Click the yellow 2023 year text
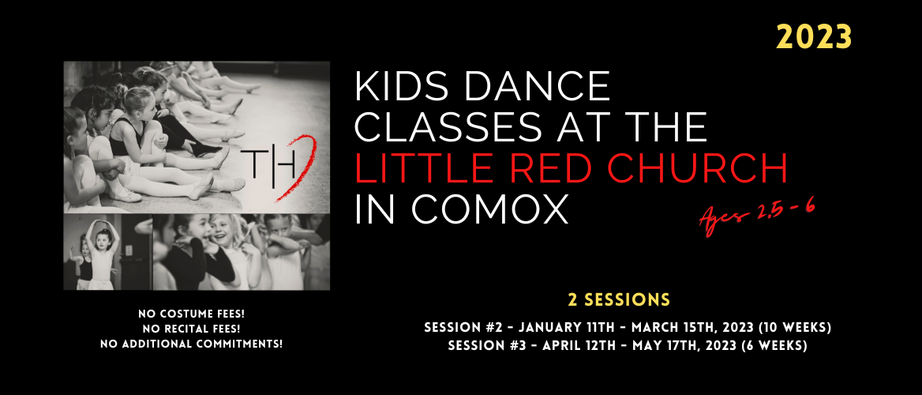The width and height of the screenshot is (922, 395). click(814, 38)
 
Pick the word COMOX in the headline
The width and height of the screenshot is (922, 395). click(489, 209)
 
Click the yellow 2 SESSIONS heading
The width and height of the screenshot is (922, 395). click(619, 299)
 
